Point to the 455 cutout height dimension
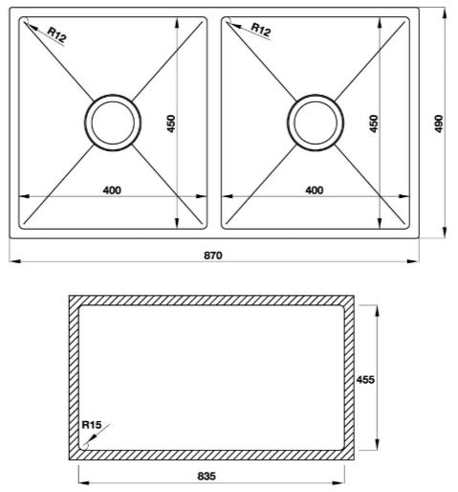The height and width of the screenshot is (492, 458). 364,379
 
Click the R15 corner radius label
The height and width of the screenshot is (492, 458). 92,425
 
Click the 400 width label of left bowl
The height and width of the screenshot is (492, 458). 112,190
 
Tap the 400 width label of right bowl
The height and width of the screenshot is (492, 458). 314,190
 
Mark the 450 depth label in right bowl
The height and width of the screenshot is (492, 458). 374,123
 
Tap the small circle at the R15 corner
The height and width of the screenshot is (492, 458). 87,442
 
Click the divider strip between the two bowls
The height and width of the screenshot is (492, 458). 215,122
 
